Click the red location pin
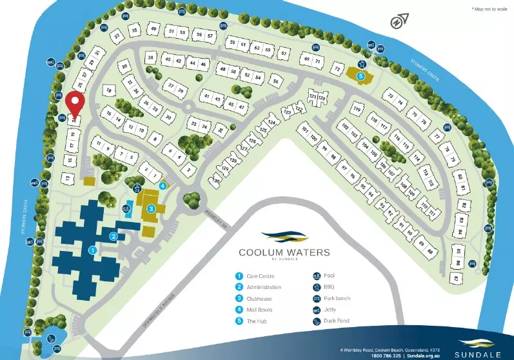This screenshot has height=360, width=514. (75, 103)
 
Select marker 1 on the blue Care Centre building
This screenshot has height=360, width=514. (92, 248)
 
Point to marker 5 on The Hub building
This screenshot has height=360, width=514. (361, 75)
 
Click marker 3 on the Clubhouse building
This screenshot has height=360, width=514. (150, 208)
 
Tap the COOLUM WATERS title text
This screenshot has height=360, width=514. (284, 252)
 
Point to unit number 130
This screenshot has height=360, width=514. (217, 181)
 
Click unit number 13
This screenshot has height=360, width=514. (66, 177)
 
